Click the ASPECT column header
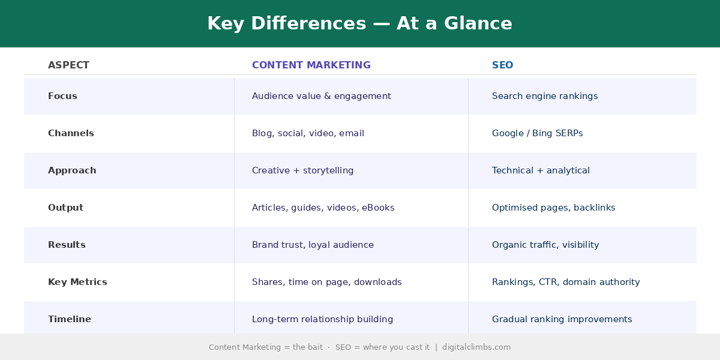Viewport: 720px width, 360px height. tap(68, 65)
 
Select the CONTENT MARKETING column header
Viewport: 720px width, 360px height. tap(311, 65)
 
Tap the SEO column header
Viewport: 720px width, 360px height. tap(502, 65)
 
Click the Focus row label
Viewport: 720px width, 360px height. tap(62, 96)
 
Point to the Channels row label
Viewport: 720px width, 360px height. tap(71, 133)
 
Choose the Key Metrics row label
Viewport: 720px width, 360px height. tap(77, 282)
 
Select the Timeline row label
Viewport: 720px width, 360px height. tap(70, 319)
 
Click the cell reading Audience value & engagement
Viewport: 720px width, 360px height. tap(322, 96)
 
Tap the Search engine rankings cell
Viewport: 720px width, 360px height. tap(545, 96)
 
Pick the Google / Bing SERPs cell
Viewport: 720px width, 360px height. tap(537, 133)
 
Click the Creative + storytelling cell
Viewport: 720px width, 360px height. tap(302, 170)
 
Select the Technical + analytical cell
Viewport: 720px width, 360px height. tap(541, 170)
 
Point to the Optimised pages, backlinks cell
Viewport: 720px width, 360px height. tap(553, 208)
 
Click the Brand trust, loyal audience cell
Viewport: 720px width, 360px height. tap(313, 245)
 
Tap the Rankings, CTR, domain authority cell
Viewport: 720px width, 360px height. tap(566, 282)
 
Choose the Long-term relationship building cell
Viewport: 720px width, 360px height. tap(322, 319)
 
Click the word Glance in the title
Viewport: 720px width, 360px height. tap(478, 23)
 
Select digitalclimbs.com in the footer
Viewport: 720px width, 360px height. tap(476, 347)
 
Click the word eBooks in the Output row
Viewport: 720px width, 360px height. tap(378, 208)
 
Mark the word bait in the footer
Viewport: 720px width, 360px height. tap(315, 347)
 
